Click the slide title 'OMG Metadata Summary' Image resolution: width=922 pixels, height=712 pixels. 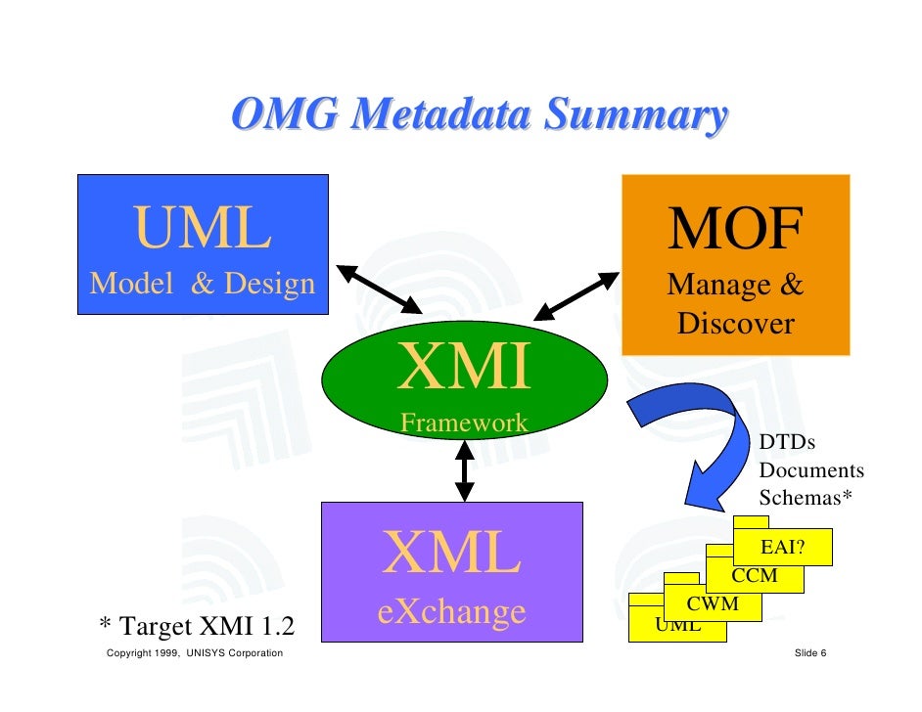click(480, 115)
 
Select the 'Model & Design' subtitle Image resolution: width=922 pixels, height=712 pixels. click(203, 284)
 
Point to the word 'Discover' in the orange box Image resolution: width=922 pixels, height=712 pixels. click(735, 324)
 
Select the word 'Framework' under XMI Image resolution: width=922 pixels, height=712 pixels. click(464, 423)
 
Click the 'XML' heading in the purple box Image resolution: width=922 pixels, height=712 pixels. click(451, 554)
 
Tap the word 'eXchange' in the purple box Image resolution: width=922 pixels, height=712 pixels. click(451, 612)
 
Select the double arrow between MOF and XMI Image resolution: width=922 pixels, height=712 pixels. click(576, 295)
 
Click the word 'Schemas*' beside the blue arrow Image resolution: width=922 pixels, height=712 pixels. click(806, 497)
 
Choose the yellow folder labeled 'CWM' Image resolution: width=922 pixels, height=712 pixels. click(712, 604)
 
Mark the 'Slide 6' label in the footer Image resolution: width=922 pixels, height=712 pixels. click(810, 653)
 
